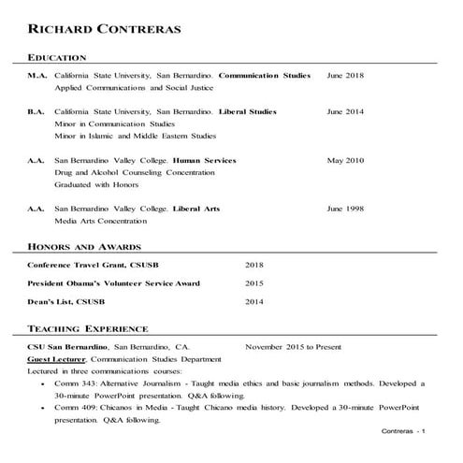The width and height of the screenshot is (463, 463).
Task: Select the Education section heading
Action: (x=57, y=57)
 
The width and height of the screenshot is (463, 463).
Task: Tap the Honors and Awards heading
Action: (x=84, y=247)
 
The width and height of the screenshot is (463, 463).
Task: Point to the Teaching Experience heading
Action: (x=88, y=329)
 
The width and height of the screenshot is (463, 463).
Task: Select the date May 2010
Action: (x=345, y=161)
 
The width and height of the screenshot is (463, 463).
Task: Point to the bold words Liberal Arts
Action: (x=196, y=209)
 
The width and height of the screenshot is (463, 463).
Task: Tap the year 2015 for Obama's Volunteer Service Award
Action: (x=254, y=283)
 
